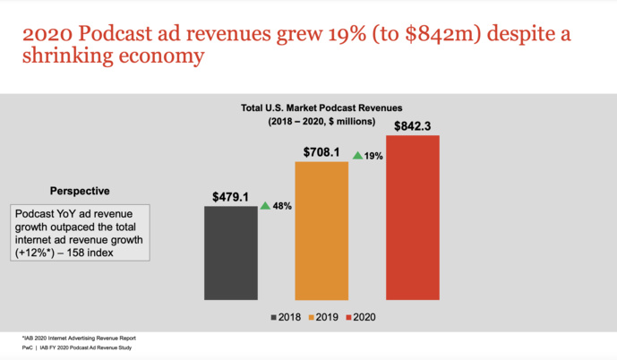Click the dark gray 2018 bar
tap(231, 253)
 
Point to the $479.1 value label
tap(231, 195)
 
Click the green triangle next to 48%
tap(265, 205)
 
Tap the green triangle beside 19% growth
tap(357, 155)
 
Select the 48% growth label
tap(282, 206)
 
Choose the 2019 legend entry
tap(322, 317)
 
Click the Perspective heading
tap(80, 191)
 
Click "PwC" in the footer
tap(28, 347)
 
